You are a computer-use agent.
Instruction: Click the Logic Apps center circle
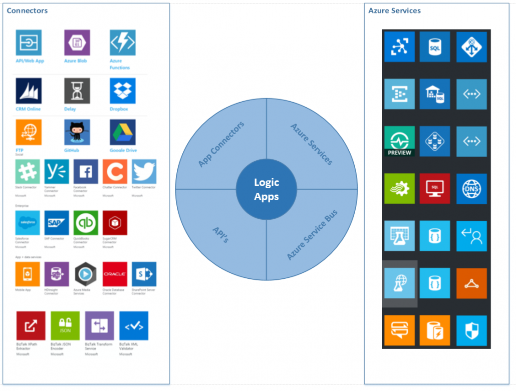(x=266, y=189)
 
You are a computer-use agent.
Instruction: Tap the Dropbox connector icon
(x=122, y=91)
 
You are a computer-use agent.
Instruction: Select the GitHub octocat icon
(x=77, y=132)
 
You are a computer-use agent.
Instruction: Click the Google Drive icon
(x=122, y=132)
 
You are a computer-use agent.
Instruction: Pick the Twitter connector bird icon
(x=144, y=172)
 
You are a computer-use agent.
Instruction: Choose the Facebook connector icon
(x=86, y=172)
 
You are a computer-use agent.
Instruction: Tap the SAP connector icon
(x=56, y=223)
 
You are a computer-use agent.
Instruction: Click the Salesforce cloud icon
(x=28, y=223)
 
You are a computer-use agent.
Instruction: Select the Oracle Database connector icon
(x=115, y=274)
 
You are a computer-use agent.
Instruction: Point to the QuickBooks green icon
(x=86, y=223)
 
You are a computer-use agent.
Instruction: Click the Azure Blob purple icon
(x=77, y=43)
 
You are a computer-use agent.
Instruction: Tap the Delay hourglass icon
(x=77, y=91)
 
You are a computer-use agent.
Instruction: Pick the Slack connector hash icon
(x=28, y=172)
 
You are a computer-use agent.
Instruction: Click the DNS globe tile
(x=471, y=189)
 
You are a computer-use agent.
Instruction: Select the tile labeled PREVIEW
(x=399, y=141)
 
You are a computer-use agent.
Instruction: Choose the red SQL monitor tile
(x=435, y=189)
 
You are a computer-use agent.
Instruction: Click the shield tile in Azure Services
(x=471, y=330)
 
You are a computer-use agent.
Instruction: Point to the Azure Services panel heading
(x=394, y=11)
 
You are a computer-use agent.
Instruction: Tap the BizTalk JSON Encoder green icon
(x=65, y=326)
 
